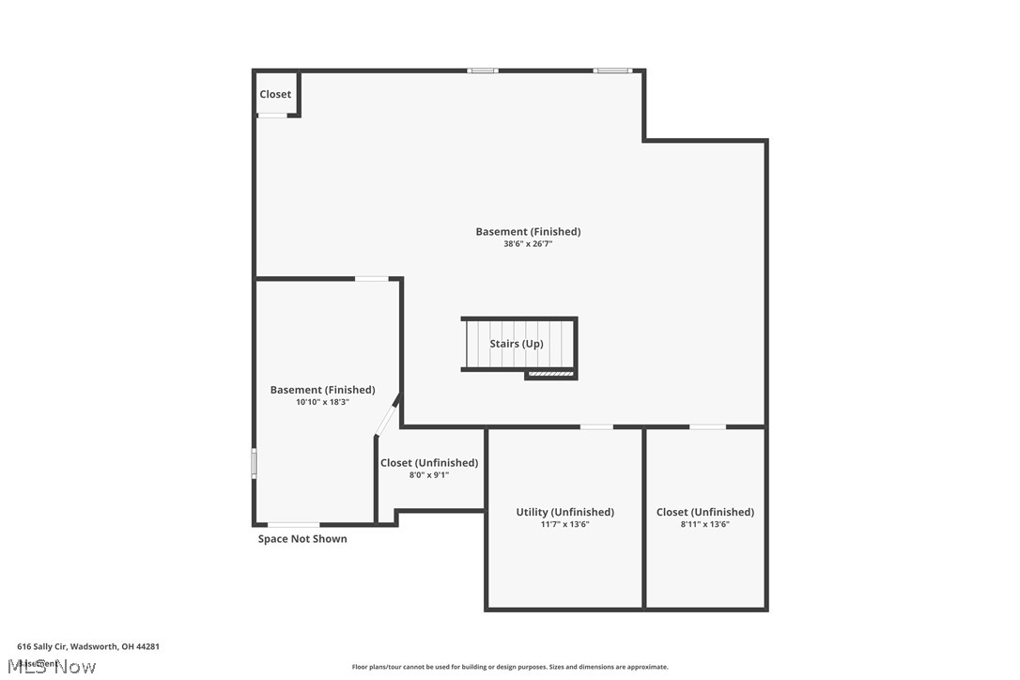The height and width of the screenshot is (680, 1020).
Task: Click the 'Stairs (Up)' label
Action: pyautogui.click(x=516, y=344)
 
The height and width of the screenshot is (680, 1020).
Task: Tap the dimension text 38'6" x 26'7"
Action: pyautogui.click(x=528, y=244)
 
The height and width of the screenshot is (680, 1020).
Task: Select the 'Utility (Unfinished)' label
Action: pyautogui.click(x=564, y=512)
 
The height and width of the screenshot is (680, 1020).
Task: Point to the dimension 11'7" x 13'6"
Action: pyautogui.click(x=564, y=524)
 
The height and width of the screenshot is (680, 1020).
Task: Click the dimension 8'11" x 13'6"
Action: pyautogui.click(x=704, y=524)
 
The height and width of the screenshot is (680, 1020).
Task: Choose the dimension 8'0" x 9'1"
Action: pyautogui.click(x=428, y=475)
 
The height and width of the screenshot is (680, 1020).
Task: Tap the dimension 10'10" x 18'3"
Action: pyautogui.click(x=322, y=402)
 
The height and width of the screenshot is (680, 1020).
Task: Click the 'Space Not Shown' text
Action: pyautogui.click(x=302, y=539)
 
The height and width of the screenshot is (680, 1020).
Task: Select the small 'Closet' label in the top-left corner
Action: pyautogui.click(x=275, y=94)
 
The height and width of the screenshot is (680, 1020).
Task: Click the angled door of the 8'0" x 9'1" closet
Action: pyautogui.click(x=387, y=416)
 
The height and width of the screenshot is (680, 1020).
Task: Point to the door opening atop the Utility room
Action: pyautogui.click(x=596, y=427)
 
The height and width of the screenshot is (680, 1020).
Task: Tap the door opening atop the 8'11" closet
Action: pyautogui.click(x=707, y=427)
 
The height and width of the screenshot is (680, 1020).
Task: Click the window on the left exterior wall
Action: pyautogui.click(x=254, y=464)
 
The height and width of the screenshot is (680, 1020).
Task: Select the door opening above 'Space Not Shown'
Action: pyautogui.click(x=293, y=524)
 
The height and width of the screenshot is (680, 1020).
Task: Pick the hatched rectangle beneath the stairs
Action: pyautogui.click(x=549, y=374)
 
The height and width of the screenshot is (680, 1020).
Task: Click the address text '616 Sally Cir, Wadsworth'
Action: pyautogui.click(x=88, y=646)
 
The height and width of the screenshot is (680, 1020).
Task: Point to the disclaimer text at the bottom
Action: pyautogui.click(x=510, y=667)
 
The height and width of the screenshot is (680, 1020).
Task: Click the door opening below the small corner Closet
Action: pyautogui.click(x=272, y=116)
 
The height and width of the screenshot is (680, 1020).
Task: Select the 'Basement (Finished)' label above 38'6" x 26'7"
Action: pyautogui.click(x=528, y=232)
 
